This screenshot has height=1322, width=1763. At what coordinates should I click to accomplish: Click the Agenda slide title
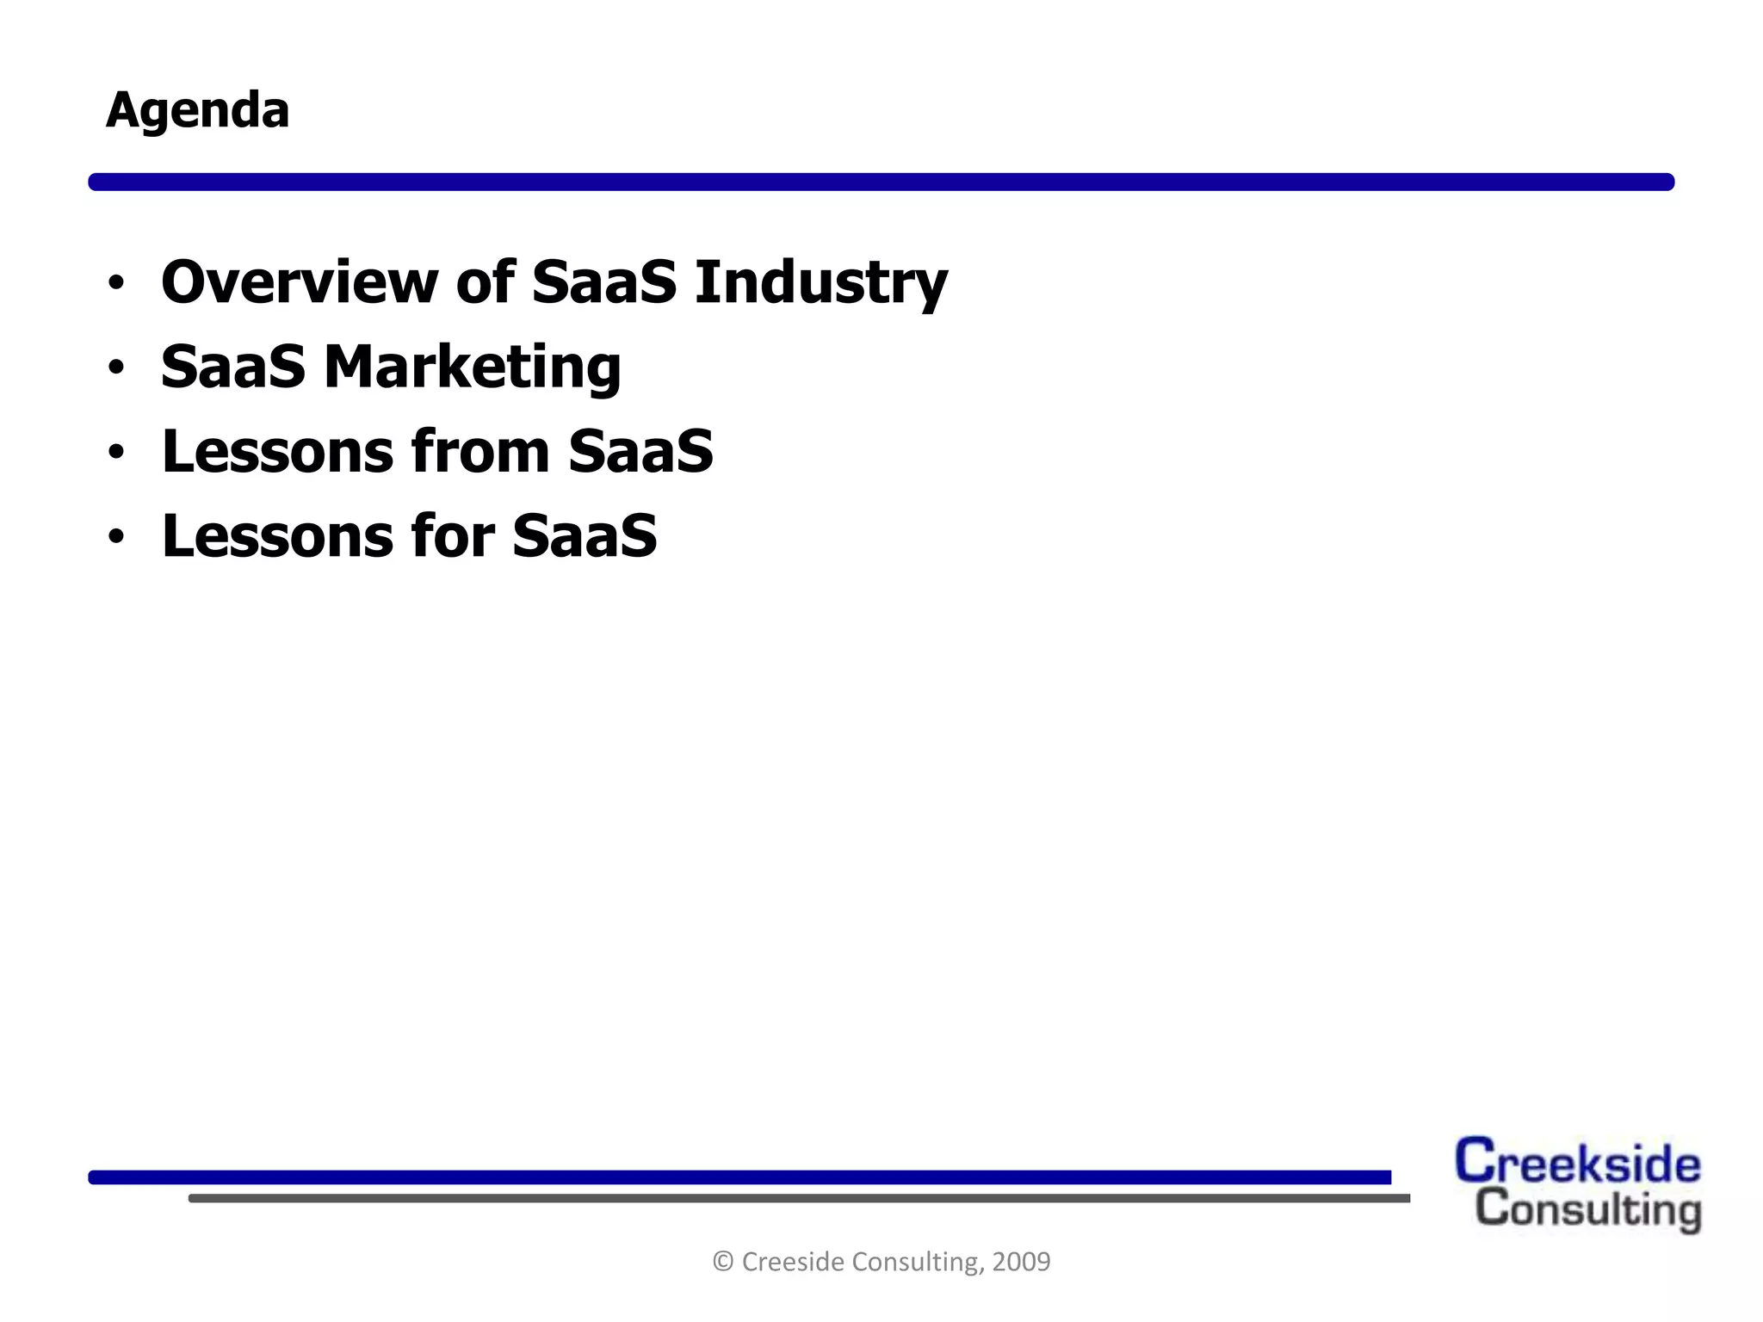[x=197, y=111]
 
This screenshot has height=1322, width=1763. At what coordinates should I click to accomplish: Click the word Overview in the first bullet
[x=300, y=281]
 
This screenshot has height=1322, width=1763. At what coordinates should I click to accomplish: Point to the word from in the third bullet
[x=480, y=451]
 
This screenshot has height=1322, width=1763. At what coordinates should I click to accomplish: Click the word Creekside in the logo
[x=1577, y=1162]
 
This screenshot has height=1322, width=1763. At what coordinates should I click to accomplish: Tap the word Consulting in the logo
[x=1588, y=1209]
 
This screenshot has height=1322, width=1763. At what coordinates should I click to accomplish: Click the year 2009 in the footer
[x=1021, y=1262]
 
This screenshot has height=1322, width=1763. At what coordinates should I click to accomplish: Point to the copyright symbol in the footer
[x=723, y=1262]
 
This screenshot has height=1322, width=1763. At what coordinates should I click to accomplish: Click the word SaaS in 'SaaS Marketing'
[x=232, y=367]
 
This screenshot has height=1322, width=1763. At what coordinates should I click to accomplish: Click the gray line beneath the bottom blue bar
[x=799, y=1198]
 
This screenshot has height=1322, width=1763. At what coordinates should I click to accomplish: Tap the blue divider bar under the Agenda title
[x=881, y=182]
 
